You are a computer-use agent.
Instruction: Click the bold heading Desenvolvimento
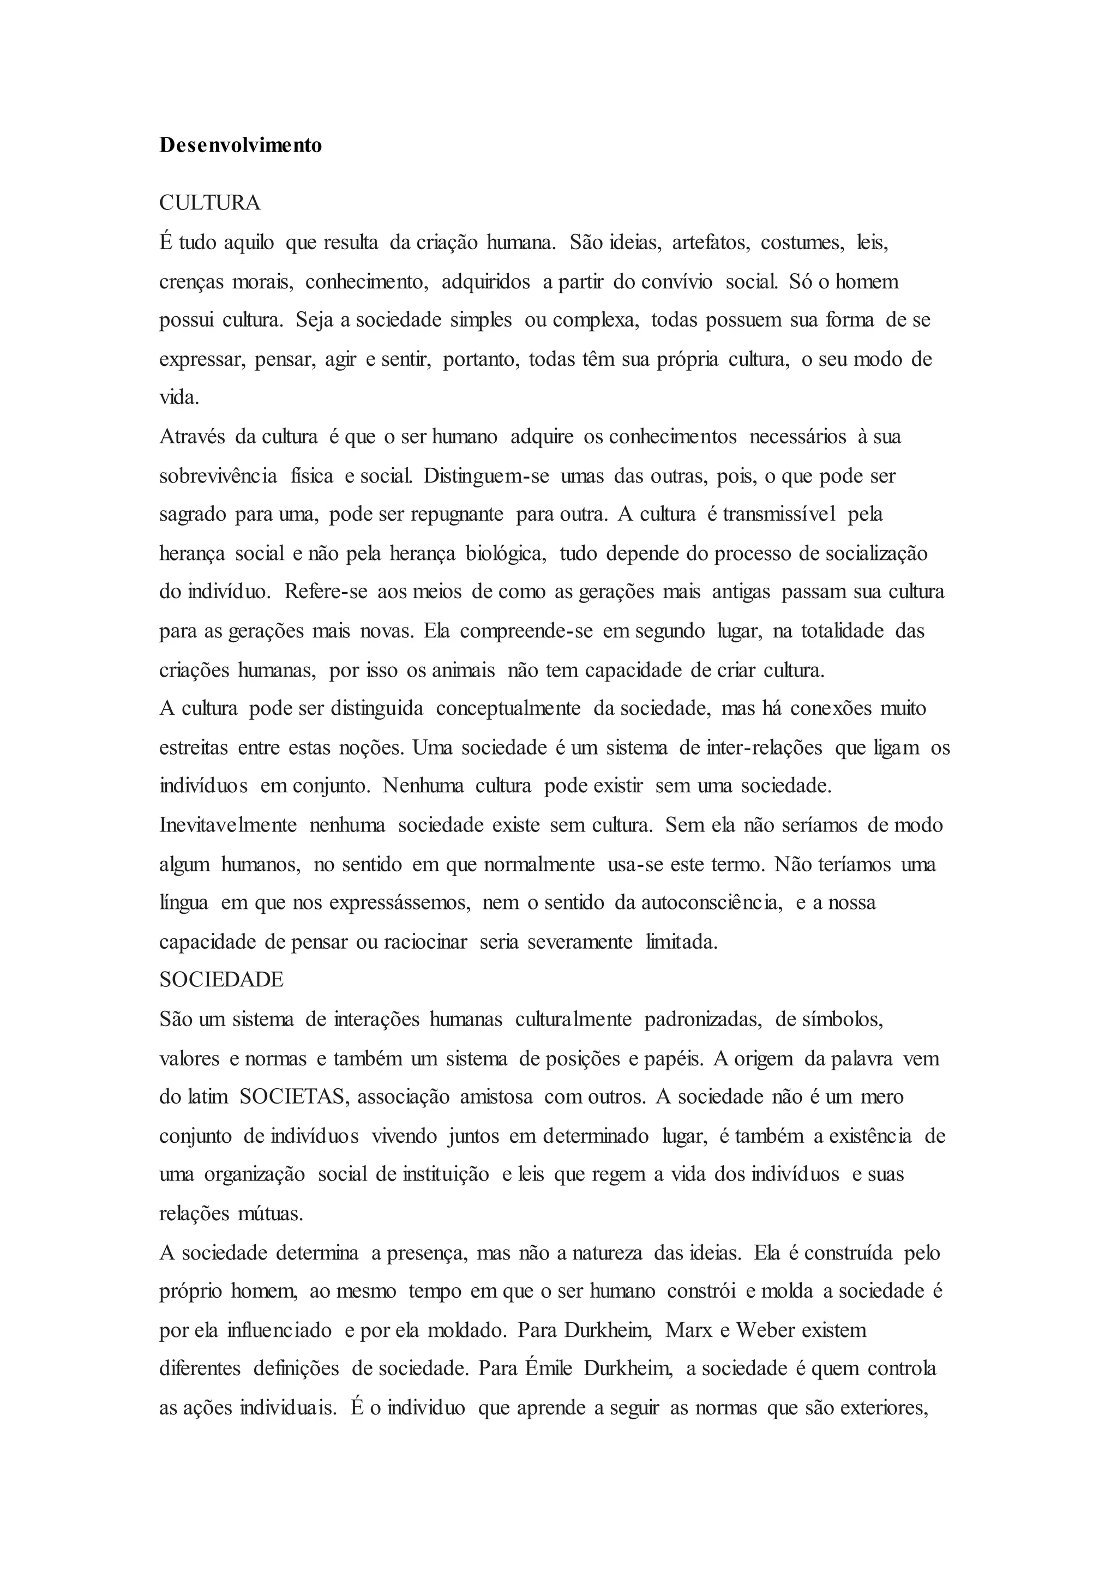[x=241, y=146]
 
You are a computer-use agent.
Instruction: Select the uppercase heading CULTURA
[x=211, y=203]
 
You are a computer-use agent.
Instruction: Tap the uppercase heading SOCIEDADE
[x=221, y=980]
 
